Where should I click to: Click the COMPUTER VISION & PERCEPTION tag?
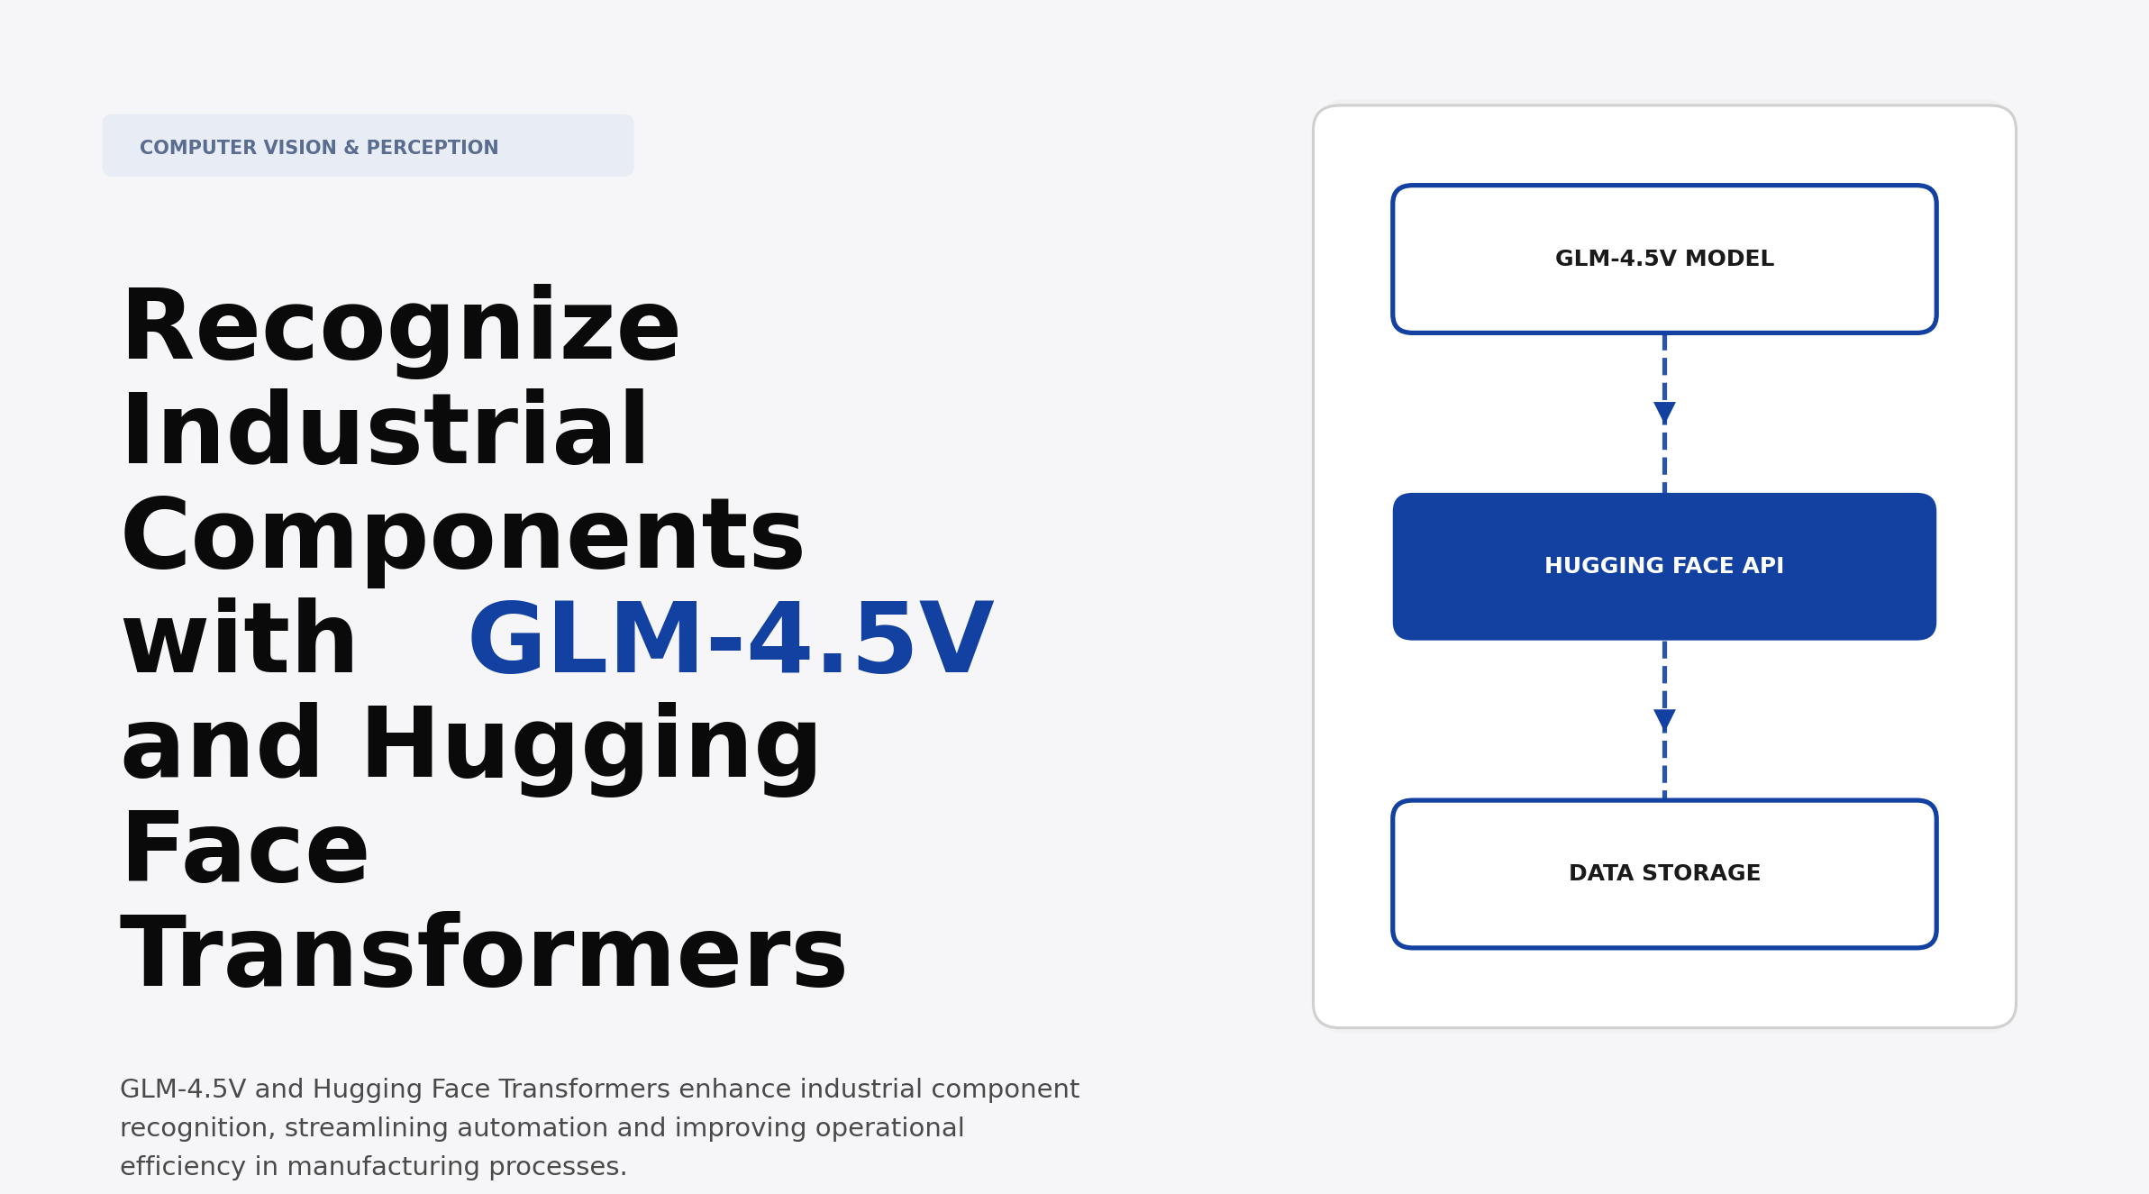pos(368,146)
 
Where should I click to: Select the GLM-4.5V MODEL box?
pos(1663,216)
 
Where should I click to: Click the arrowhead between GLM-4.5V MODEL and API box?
pos(1664,413)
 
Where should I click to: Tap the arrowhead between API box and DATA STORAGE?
pos(1664,720)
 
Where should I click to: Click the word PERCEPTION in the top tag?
pos(432,148)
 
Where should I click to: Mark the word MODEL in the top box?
pos(1729,260)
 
